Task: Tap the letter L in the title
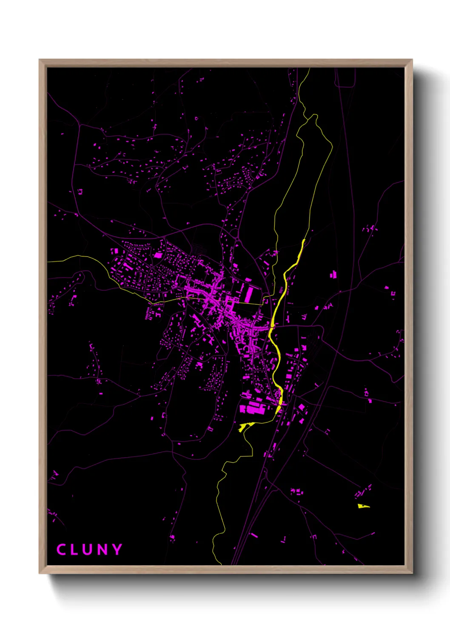[x=74, y=550]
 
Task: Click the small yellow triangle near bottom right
[x=362, y=506]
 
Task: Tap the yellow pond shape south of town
[x=245, y=426]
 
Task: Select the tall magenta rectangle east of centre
[x=250, y=294]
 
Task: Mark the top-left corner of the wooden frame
[x=40, y=60]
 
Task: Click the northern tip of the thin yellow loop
[x=315, y=115]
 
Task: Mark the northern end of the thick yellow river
[x=304, y=241]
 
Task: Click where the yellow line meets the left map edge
[x=48, y=262]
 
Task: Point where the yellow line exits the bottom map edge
[x=221, y=564]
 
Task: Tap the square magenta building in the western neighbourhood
[x=158, y=255]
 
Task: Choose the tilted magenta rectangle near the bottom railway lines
[x=253, y=535]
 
